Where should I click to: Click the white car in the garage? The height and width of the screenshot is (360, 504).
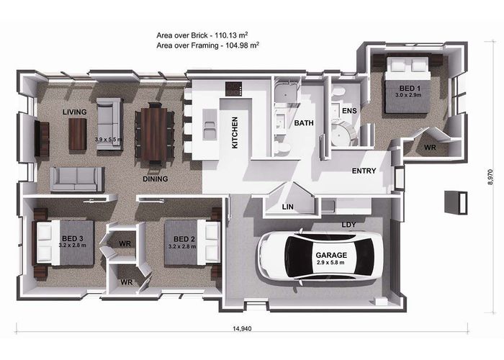click(321, 256)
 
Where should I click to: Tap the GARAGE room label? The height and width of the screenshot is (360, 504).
click(331, 255)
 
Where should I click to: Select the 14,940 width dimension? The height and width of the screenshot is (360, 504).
click(242, 328)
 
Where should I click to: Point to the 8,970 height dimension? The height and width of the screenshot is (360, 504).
click(490, 177)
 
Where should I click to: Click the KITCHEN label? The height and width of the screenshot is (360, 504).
click(235, 132)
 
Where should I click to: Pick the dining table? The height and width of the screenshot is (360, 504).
click(154, 134)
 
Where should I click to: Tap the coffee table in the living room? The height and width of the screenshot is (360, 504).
click(78, 134)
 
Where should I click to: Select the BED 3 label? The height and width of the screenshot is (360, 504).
click(73, 238)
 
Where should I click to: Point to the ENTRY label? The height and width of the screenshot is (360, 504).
click(364, 171)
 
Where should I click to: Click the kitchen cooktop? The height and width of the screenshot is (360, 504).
click(234, 89)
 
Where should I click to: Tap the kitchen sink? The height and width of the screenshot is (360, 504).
click(210, 124)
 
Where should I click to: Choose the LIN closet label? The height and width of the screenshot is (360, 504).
click(288, 207)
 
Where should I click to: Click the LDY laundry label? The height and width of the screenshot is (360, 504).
click(348, 225)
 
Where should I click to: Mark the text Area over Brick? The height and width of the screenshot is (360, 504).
click(182, 35)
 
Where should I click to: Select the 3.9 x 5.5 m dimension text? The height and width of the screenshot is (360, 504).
click(109, 140)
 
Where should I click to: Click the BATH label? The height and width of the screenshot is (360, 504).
click(304, 123)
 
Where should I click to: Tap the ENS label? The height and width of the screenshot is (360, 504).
click(349, 111)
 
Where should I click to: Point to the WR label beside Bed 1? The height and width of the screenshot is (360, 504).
click(430, 148)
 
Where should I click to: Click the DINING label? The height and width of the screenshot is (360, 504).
click(156, 179)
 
